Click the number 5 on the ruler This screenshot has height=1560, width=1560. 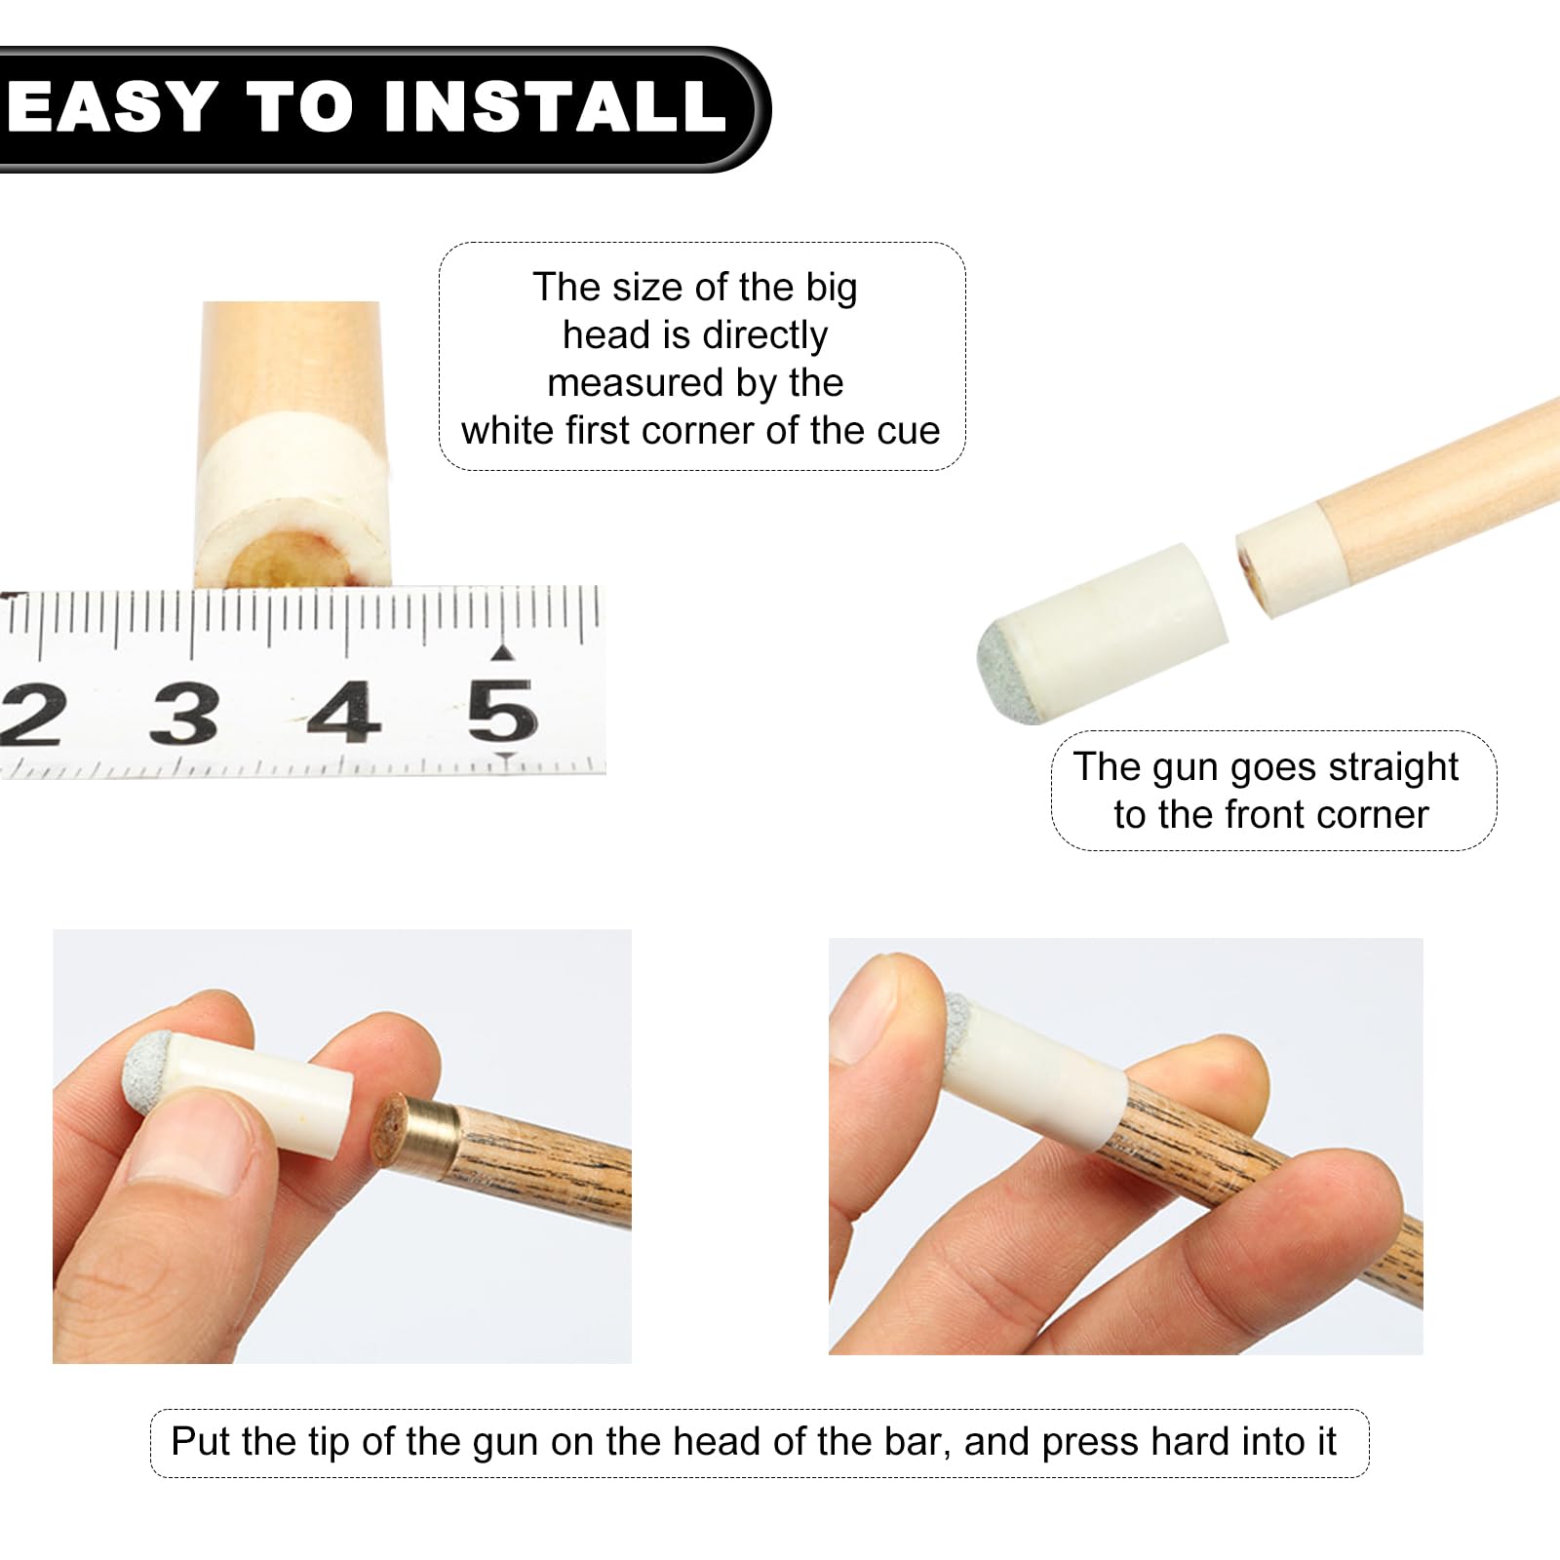(501, 711)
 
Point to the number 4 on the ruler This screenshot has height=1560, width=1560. (343, 712)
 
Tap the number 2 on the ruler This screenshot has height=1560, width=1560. (29, 715)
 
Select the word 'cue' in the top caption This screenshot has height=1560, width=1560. (908, 430)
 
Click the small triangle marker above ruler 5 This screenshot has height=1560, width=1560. (502, 651)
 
